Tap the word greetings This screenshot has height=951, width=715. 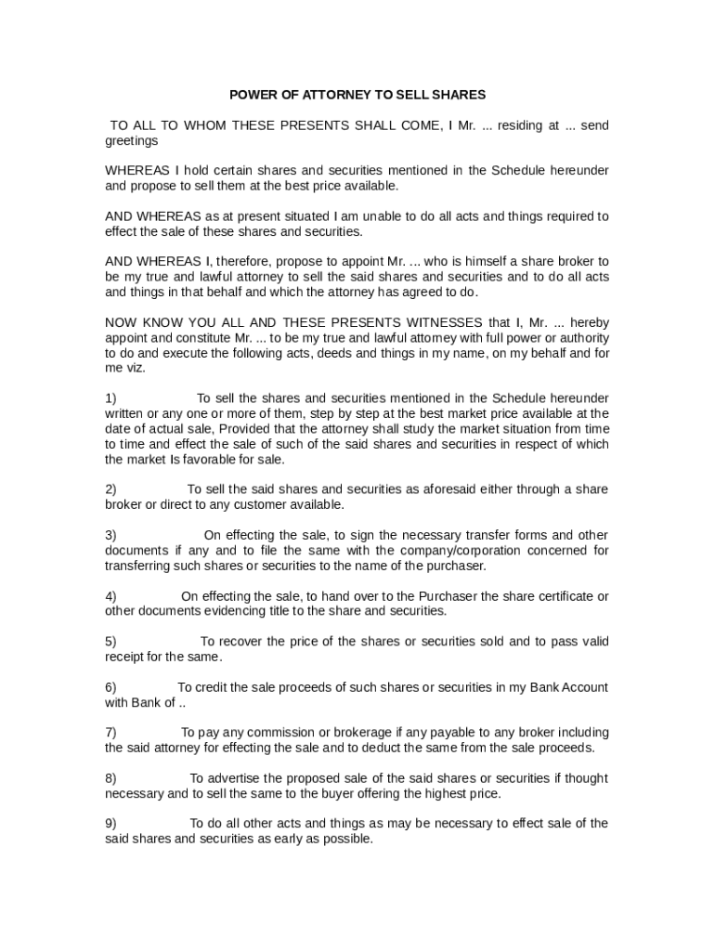(x=131, y=140)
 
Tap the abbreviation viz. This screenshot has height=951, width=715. (x=134, y=368)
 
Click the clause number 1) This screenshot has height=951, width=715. (x=110, y=398)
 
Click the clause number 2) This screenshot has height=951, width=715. (x=110, y=489)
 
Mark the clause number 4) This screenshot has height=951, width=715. (x=110, y=595)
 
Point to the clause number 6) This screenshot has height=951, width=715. (x=110, y=687)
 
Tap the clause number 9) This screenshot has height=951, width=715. (x=110, y=823)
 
